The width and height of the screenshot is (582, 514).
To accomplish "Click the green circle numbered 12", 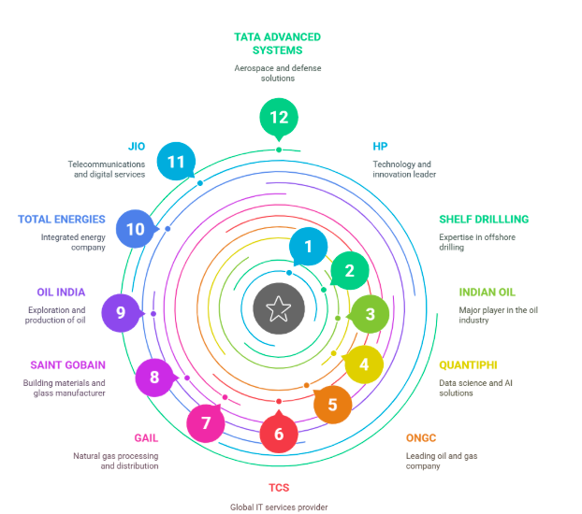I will pos(279,118).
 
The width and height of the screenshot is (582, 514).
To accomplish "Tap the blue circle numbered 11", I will pos(176,162).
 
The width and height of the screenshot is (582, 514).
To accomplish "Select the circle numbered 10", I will pos(136,229).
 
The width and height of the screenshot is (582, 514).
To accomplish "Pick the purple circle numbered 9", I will pos(121,312).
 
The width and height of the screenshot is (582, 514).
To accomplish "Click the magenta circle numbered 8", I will pos(154,378).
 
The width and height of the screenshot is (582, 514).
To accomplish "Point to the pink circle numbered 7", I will pos(206,423).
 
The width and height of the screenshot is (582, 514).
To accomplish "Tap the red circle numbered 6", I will pos(279,435).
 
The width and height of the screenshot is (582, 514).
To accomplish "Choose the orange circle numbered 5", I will pos(332,406).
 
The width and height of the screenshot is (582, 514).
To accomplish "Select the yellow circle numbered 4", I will pos(364,364).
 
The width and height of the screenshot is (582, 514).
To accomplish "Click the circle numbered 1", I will pos(308,247).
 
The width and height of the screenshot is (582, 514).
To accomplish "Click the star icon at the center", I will pos(278,308).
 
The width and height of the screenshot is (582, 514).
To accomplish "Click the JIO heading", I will pos(137,147).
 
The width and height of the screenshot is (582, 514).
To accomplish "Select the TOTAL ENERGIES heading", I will pos(62,220).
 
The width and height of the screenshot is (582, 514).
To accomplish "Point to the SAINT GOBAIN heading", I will pos(67,365).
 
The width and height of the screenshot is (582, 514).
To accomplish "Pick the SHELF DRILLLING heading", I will pos(484,220).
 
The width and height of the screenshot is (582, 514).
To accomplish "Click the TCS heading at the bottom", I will pos(279,488).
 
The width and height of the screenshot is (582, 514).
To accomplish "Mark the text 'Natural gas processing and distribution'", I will pos(116,460).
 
